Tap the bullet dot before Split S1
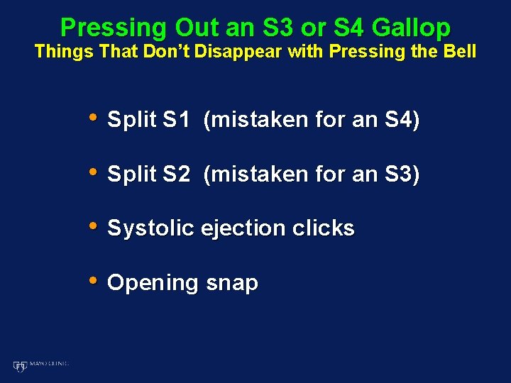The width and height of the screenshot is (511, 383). [x=93, y=118]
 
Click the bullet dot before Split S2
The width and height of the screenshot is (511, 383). [x=93, y=172]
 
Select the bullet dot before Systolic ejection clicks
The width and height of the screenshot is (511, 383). [x=93, y=226]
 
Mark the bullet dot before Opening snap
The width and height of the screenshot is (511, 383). [x=93, y=281]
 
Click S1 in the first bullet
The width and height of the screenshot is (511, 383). [x=176, y=120]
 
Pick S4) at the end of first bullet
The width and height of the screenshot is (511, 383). [x=402, y=120]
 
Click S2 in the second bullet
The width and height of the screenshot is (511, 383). [x=176, y=174]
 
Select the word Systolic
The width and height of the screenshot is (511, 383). [x=150, y=228]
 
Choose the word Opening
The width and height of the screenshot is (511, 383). [x=152, y=283]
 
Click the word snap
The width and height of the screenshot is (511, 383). [x=232, y=283]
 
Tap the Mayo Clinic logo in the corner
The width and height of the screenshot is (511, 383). [x=40, y=365]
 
